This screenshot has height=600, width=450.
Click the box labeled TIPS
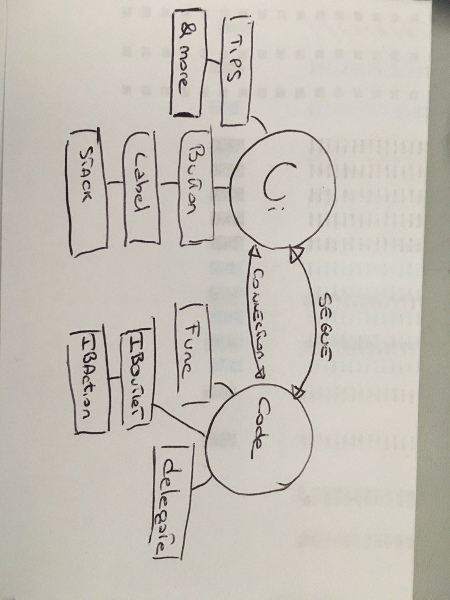pos(237,70)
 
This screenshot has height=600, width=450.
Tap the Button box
pos(198,187)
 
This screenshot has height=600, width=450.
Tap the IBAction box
pos(88,381)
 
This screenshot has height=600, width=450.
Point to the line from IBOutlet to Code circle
pos(179,420)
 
